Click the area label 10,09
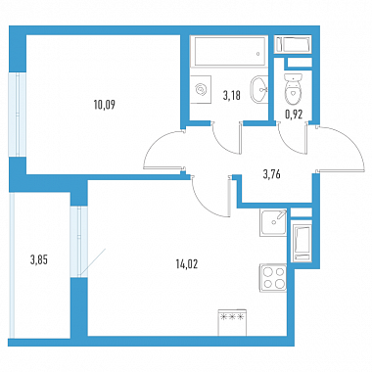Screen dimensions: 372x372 click(x=104, y=105)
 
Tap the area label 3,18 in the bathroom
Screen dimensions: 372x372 click(x=231, y=96)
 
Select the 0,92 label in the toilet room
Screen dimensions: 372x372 click(x=294, y=114)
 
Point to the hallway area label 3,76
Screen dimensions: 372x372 click(x=271, y=174)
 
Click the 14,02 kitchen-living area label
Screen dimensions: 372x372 click(x=187, y=264)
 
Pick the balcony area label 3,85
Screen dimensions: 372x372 click(x=39, y=260)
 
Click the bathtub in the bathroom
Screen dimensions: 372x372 click(x=229, y=51)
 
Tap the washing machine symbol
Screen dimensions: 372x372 click(x=201, y=89)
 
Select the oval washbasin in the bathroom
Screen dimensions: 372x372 click(x=259, y=89)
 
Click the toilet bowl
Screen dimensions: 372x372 click(x=293, y=87)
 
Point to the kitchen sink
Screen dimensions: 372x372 click(x=273, y=222)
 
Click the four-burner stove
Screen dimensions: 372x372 click(x=273, y=279)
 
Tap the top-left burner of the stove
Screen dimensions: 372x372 click(x=268, y=272)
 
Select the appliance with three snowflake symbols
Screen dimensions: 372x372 click(x=232, y=322)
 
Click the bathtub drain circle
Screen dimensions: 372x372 click(x=258, y=54)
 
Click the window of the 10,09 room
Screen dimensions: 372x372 click(x=17, y=115)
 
